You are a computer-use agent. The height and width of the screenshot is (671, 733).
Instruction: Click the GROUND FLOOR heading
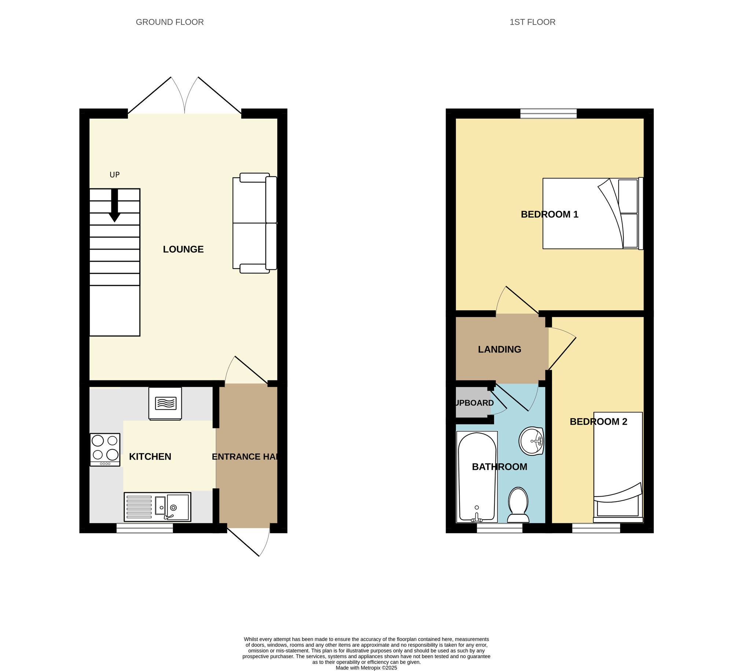[170, 22]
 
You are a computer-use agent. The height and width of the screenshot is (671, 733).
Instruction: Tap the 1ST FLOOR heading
[532, 22]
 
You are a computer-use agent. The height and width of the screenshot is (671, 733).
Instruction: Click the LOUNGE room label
[183, 249]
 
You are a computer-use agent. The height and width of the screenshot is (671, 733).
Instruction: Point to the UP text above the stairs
[115, 175]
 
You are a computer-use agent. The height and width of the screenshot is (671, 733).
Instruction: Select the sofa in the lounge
[255, 223]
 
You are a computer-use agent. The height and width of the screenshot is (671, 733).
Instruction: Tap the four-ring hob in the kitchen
[105, 449]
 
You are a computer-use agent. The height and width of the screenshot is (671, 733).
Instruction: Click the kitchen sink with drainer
[157, 507]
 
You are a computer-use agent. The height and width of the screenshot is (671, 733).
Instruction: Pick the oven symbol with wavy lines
[165, 403]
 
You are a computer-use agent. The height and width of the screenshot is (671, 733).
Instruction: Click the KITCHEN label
[150, 457]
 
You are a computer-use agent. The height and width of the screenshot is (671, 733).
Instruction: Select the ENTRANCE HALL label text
[245, 457]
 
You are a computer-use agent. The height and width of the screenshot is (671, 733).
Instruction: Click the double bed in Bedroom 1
[592, 214]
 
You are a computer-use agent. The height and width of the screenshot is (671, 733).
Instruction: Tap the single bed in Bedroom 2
[618, 467]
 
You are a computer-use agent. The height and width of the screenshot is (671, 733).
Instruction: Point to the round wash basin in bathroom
[531, 441]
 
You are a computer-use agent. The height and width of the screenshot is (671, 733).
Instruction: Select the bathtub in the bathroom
[477, 476]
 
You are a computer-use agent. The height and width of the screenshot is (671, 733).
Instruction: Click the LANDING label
[499, 349]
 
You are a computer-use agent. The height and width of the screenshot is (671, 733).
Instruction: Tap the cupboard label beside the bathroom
[474, 403]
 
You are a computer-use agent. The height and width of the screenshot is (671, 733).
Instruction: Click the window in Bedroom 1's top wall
[548, 114]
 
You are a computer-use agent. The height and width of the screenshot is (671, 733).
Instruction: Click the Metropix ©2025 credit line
[366, 668]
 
